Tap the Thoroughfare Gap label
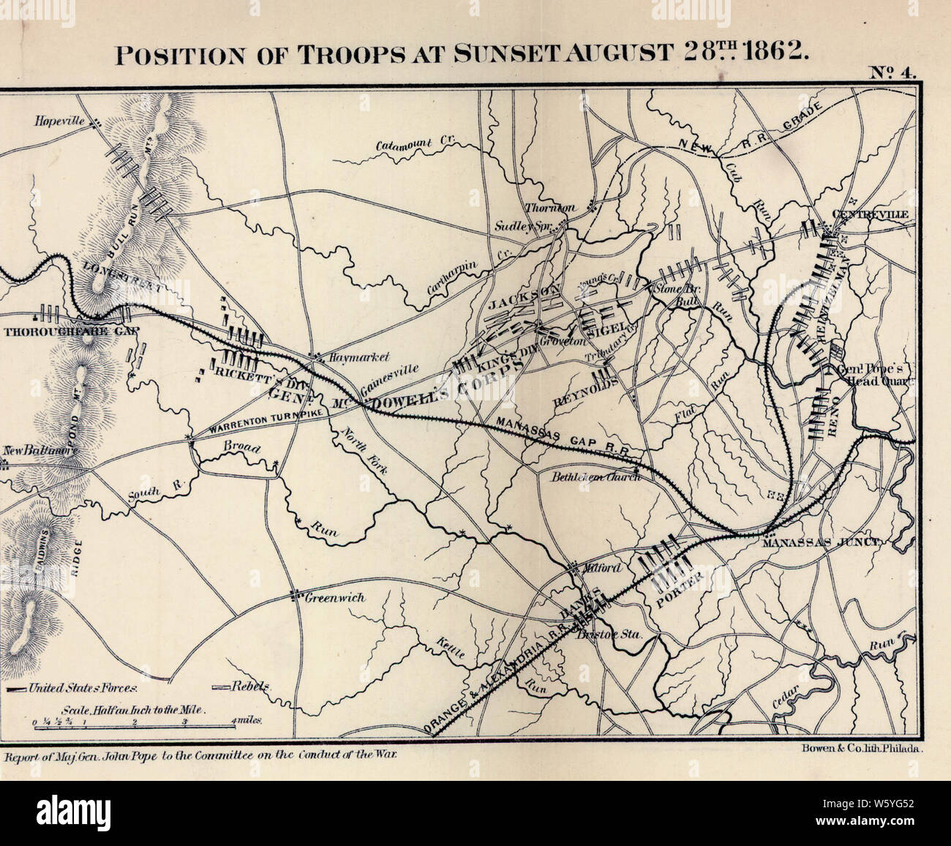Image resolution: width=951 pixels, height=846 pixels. [71, 331]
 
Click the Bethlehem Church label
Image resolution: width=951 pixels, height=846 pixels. [595, 476]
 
